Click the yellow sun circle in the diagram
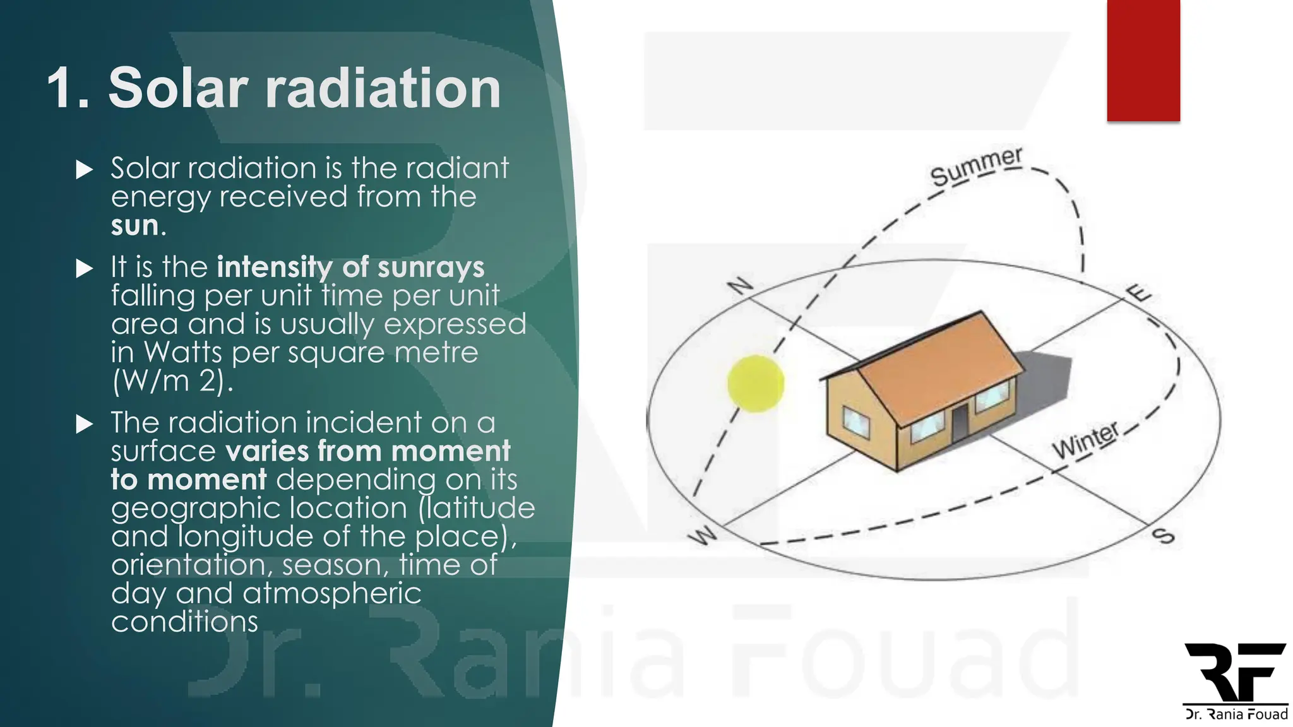pyautogui.click(x=756, y=384)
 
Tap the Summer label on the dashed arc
pyautogui.click(x=976, y=167)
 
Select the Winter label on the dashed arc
pyautogui.click(x=1085, y=440)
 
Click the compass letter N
pyautogui.click(x=740, y=286)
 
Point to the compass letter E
pyautogui.click(x=1139, y=293)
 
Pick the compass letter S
pyautogui.click(x=1163, y=536)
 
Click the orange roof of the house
pyautogui.click(x=941, y=366)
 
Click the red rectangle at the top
pyautogui.click(x=1143, y=60)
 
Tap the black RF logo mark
pyautogui.click(x=1235, y=671)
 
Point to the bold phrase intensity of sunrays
pyautogui.click(x=350, y=267)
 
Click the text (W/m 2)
pyautogui.click(x=172, y=381)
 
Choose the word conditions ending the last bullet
pyautogui.click(x=184, y=622)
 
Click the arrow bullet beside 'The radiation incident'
pyautogui.click(x=84, y=423)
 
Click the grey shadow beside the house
pyautogui.click(x=1048, y=379)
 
